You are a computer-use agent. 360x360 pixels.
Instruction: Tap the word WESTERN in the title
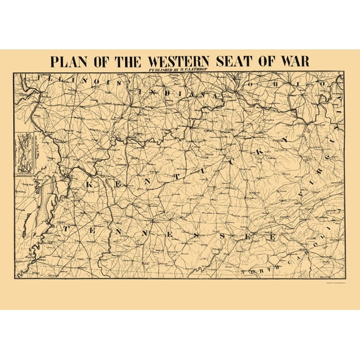pos(180,62)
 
